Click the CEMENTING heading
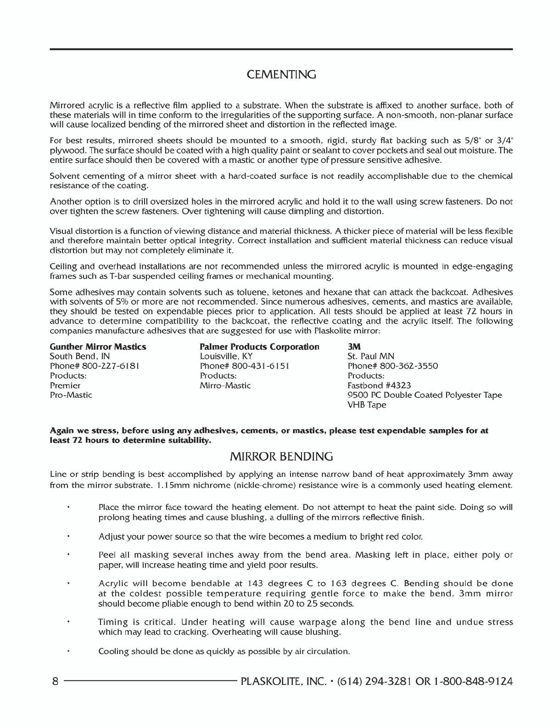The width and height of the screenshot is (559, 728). (281, 74)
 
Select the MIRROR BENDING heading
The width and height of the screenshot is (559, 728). (281, 457)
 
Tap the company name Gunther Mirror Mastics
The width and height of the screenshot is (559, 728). (98, 347)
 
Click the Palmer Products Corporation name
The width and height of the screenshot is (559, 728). (259, 347)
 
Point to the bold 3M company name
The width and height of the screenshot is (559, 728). (354, 347)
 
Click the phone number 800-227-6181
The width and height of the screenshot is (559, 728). (111, 366)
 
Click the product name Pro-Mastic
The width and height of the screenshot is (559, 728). (71, 395)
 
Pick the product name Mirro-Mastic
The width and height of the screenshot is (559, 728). (225, 385)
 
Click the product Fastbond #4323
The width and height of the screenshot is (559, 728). (379, 385)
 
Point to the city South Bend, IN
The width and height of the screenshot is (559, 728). (79, 356)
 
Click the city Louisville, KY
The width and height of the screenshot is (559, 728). (226, 356)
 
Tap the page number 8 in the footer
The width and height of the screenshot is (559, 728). (55, 681)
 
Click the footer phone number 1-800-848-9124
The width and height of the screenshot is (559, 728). (473, 681)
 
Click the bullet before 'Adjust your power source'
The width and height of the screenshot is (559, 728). (68, 536)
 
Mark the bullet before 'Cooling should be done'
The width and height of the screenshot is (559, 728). (68, 650)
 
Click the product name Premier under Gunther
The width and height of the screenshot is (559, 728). (65, 385)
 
